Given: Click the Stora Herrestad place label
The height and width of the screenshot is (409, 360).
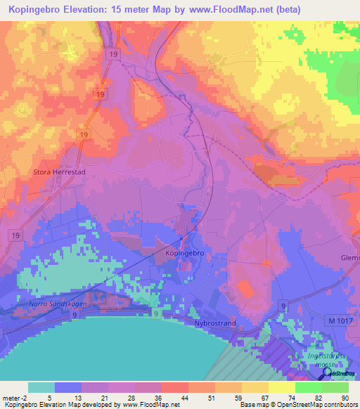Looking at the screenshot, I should (x=60, y=171).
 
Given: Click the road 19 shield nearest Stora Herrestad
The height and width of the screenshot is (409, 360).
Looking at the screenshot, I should (x=83, y=134).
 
